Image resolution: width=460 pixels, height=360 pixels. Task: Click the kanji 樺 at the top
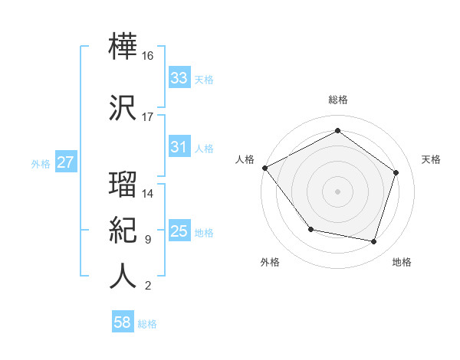tap(123, 48)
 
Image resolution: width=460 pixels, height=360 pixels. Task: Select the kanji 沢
tap(123, 106)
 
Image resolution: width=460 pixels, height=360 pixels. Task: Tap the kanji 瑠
tap(123, 184)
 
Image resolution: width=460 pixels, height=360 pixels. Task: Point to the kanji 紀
tap(123, 230)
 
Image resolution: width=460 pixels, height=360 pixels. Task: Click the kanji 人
tap(123, 276)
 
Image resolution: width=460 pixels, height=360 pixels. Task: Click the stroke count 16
tap(148, 56)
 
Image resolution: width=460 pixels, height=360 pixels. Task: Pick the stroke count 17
tap(148, 117)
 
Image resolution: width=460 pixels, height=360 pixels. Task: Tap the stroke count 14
tap(148, 194)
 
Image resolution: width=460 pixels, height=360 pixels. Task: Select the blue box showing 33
tap(179, 78)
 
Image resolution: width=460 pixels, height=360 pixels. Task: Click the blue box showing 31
tap(179, 147)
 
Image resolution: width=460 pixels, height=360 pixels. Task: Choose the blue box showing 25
tap(179, 231)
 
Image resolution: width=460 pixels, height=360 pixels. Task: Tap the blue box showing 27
tap(65, 163)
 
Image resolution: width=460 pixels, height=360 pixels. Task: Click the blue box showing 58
tap(123, 323)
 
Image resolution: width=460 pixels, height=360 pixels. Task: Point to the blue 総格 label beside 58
tap(147, 324)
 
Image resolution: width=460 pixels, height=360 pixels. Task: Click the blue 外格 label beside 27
tap(41, 164)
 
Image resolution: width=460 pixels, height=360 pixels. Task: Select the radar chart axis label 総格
tap(337, 100)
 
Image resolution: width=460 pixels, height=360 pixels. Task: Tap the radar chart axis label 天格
tap(432, 159)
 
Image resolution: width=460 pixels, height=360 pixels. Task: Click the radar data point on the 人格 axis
tap(264, 168)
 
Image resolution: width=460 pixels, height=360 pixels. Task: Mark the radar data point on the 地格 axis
tap(374, 242)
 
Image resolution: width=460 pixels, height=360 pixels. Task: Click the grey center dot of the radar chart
tap(337, 191)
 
